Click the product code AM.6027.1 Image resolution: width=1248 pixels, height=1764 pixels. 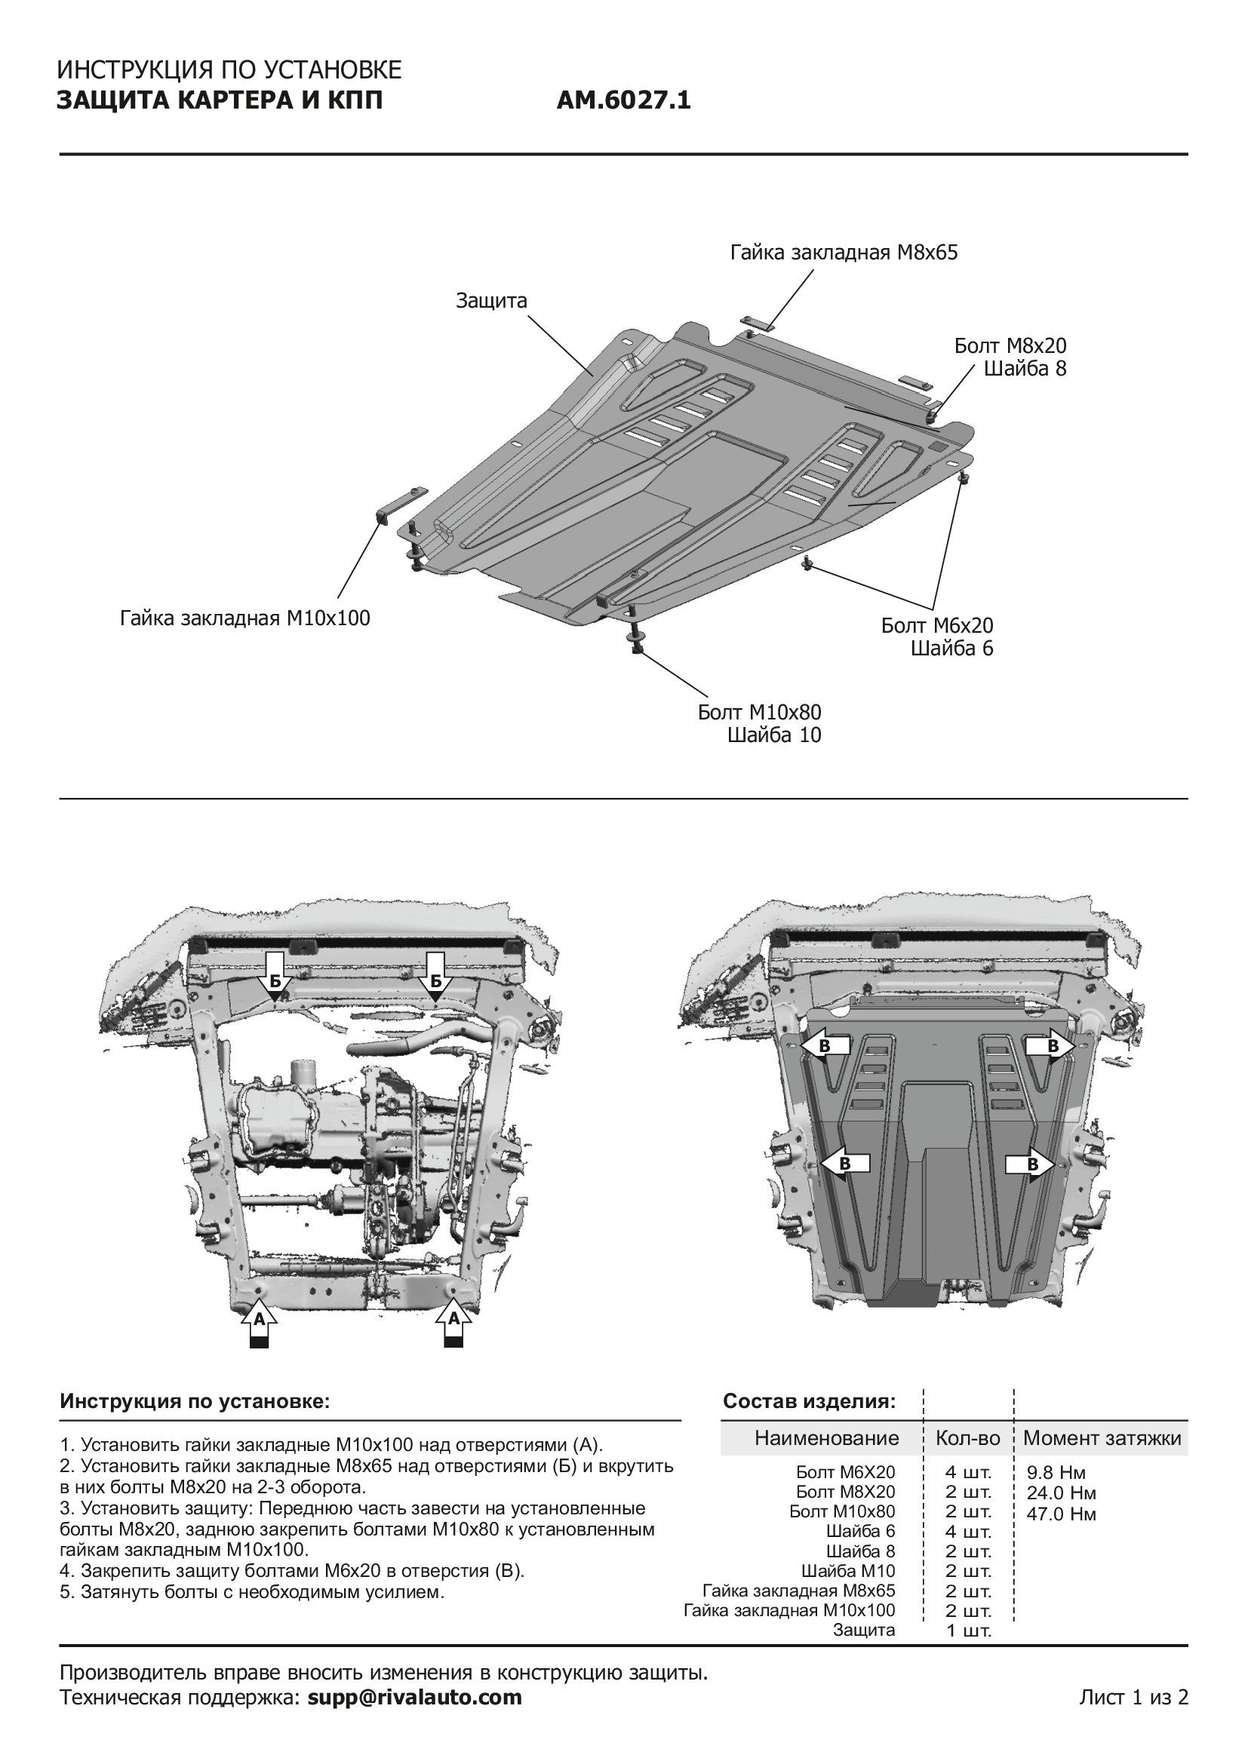[623, 100]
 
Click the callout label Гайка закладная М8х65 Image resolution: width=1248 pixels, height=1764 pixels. [843, 253]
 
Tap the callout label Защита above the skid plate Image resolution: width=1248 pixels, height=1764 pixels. [491, 300]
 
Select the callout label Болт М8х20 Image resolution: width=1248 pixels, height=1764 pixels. [1010, 345]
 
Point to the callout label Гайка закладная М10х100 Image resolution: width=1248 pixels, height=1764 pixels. [244, 618]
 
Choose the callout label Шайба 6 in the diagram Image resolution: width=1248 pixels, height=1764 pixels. [951, 649]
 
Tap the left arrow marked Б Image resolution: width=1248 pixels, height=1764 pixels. [275, 981]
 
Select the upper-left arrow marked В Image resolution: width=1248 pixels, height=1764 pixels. [825, 1045]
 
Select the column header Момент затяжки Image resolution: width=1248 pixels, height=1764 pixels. [1101, 1438]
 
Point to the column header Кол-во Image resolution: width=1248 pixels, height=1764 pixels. [967, 1438]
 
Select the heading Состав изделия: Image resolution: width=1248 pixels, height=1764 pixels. [808, 1401]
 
